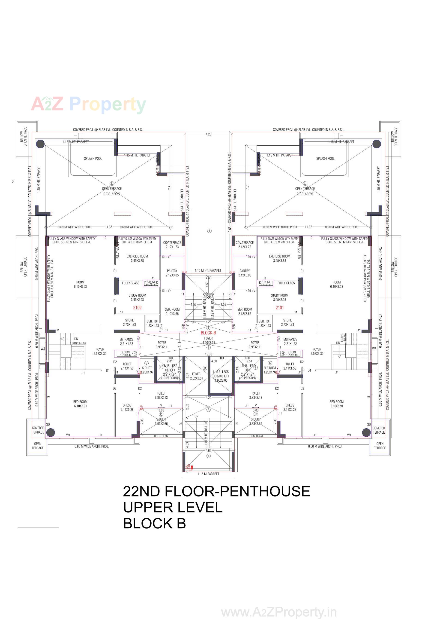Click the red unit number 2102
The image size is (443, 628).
[137, 308]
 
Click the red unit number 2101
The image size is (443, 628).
[279, 308]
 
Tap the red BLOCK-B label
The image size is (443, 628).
[208, 333]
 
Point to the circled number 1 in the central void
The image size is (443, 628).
[209, 231]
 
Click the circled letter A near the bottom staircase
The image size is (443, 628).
[208, 456]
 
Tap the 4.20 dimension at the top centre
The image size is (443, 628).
[208, 134]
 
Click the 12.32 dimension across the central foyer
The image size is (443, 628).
[208, 354]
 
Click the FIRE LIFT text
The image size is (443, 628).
[169, 370]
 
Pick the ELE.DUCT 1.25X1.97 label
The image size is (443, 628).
[270, 370]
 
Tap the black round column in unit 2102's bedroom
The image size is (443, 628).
[51, 432]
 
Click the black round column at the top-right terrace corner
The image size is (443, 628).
[376, 144]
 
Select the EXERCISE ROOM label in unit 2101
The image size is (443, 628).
[279, 258]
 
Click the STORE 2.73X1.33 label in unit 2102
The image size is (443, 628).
[129, 322]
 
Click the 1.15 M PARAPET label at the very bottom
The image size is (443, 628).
[208, 474]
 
